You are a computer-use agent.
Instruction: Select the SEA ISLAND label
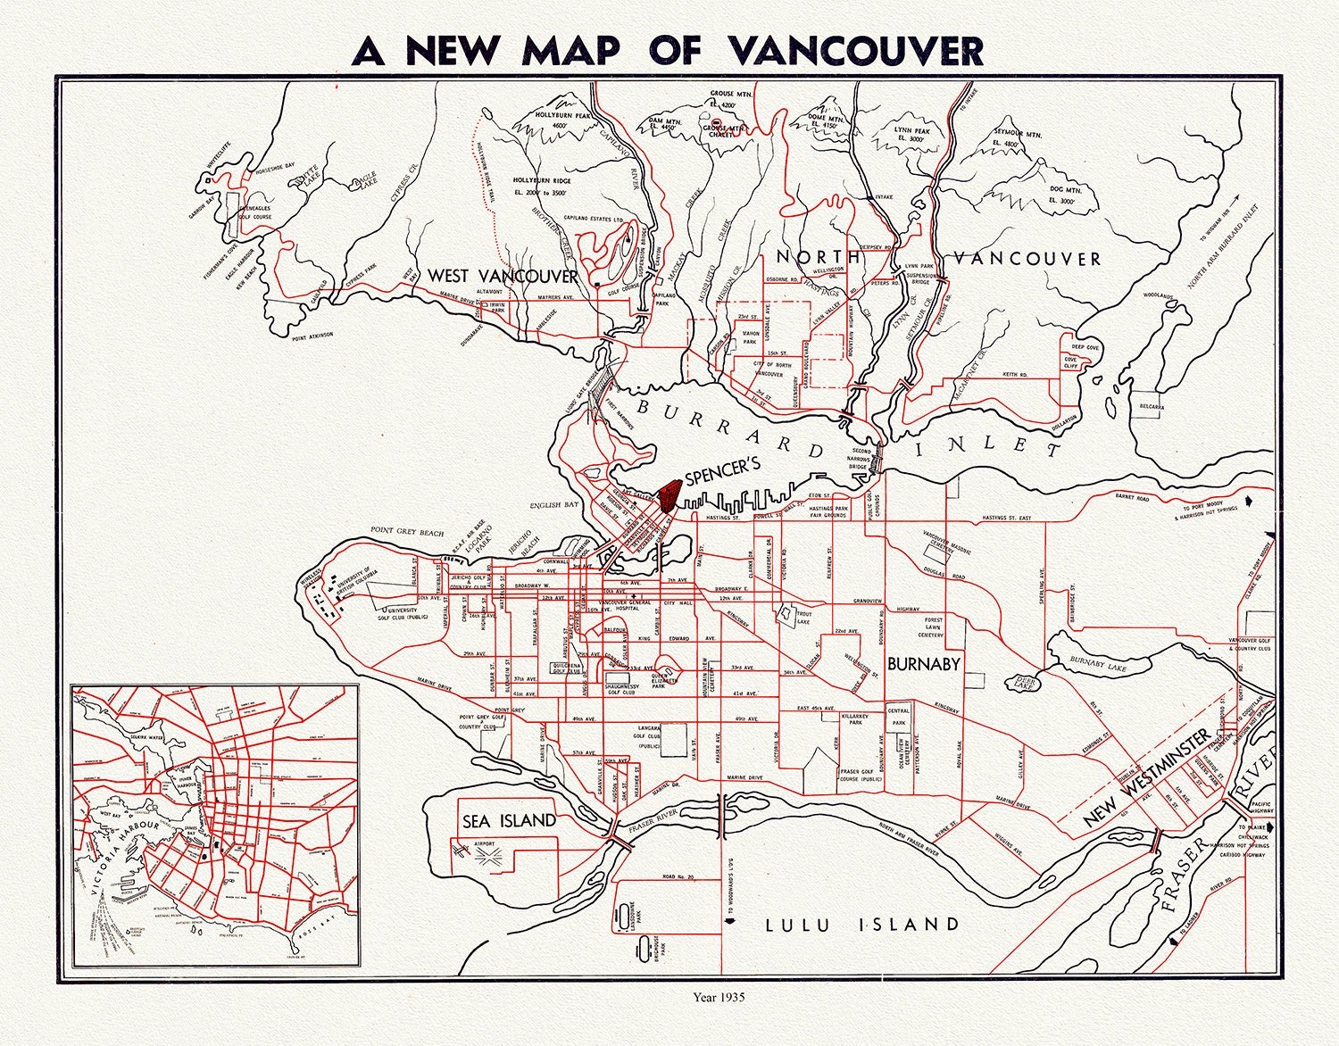tap(509, 821)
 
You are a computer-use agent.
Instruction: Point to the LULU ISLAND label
tap(862, 925)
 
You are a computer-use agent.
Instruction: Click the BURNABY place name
tap(923, 664)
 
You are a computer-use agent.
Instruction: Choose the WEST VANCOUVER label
tap(503, 276)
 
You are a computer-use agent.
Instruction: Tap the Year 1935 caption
tap(719, 996)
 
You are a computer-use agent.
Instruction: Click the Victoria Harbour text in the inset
tap(125, 859)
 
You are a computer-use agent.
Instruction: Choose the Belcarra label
tap(1151, 407)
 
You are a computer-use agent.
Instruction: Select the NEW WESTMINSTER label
tap(1147, 777)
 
